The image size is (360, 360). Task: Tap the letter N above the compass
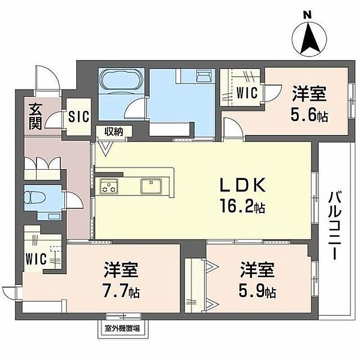coord(308,14)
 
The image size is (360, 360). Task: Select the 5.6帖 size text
coord(310,115)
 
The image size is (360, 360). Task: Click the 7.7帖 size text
coord(122,292)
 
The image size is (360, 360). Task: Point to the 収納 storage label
coord(113,131)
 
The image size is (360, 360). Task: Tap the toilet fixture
coord(32,198)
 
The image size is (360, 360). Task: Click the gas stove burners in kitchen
coord(109,187)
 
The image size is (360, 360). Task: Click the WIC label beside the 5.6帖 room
coord(247,94)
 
